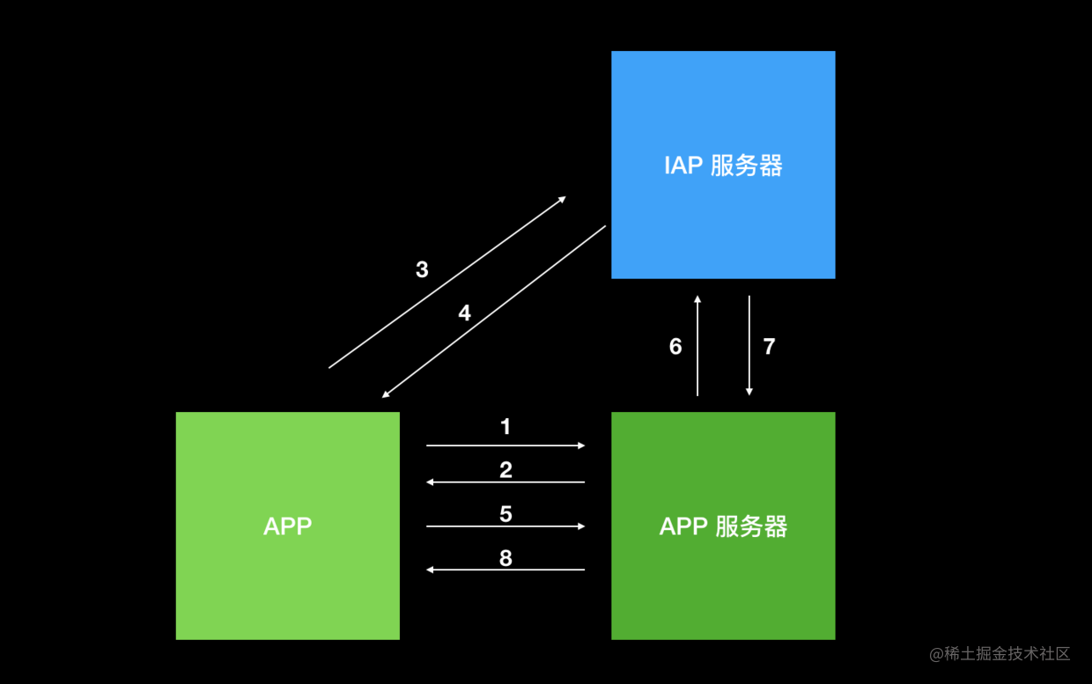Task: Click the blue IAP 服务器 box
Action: point(723,165)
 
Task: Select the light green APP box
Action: point(288,526)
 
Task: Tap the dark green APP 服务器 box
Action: point(723,526)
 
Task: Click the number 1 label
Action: point(505,426)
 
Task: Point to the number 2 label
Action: point(505,470)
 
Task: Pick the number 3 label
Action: point(422,269)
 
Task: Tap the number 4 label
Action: point(465,313)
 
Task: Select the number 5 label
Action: point(505,514)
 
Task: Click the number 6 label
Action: point(675,346)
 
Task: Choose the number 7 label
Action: point(769,346)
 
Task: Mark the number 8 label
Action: point(505,558)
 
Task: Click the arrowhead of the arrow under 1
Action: point(581,445)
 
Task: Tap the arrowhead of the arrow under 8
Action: point(430,570)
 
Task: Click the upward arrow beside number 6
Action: point(697,345)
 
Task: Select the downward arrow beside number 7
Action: point(749,345)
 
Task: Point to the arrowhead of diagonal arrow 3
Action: point(563,199)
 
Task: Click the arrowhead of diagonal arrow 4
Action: point(385,395)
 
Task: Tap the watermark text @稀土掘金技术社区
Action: point(1000,654)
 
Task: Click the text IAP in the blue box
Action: point(683,165)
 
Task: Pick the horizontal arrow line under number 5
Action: point(505,526)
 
